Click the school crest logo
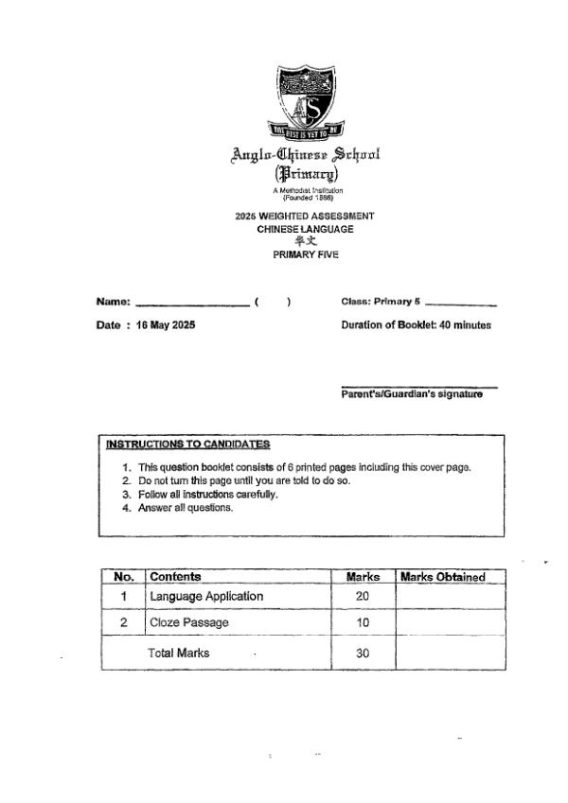click(x=305, y=100)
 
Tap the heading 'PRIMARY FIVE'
click(x=305, y=254)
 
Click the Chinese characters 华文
click(x=305, y=241)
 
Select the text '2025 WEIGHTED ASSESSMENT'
click(x=305, y=217)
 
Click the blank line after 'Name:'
click(x=192, y=305)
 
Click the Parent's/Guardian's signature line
click(x=418, y=387)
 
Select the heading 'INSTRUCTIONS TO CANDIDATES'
click(x=187, y=445)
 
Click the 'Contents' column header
click(x=175, y=577)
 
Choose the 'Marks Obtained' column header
click(x=443, y=577)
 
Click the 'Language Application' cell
click(x=206, y=597)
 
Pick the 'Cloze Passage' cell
click(x=189, y=623)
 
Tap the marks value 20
click(x=363, y=597)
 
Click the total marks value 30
click(x=363, y=653)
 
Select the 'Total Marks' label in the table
click(x=178, y=653)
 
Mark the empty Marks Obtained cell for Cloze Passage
click(x=450, y=623)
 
